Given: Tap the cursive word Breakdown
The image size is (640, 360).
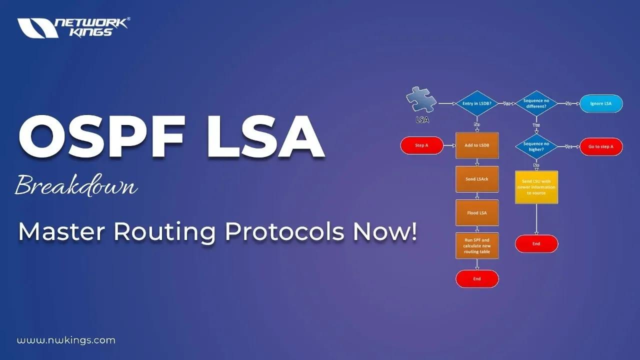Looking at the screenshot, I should [76, 186].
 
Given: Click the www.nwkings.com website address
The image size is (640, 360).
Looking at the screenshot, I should [66, 340].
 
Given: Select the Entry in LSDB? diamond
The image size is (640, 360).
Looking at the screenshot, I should [477, 103].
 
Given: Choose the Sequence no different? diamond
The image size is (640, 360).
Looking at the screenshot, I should [536, 103].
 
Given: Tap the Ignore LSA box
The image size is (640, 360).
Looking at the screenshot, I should [601, 103].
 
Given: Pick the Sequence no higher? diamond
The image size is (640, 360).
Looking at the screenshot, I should [536, 146].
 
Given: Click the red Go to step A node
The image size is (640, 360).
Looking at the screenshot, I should [601, 146].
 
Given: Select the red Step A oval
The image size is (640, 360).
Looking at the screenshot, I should [422, 145].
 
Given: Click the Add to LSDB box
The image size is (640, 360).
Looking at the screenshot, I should [477, 145].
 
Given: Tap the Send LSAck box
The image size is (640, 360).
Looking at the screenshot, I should [477, 179].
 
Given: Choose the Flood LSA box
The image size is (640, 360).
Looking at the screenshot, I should [477, 212].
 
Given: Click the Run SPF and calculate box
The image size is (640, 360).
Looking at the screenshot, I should [477, 245].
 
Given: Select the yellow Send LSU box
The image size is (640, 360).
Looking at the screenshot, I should [536, 187].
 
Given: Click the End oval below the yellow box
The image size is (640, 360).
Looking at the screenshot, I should [536, 243].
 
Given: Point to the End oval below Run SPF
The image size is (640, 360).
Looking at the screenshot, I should [477, 278].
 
